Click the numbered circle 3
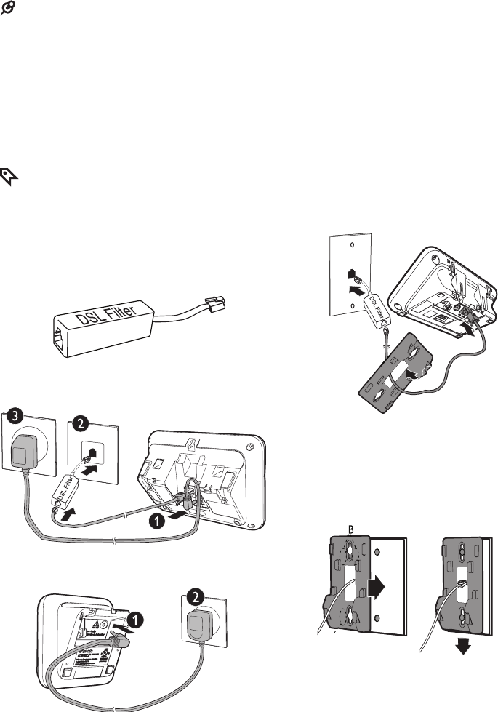[15, 419]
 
